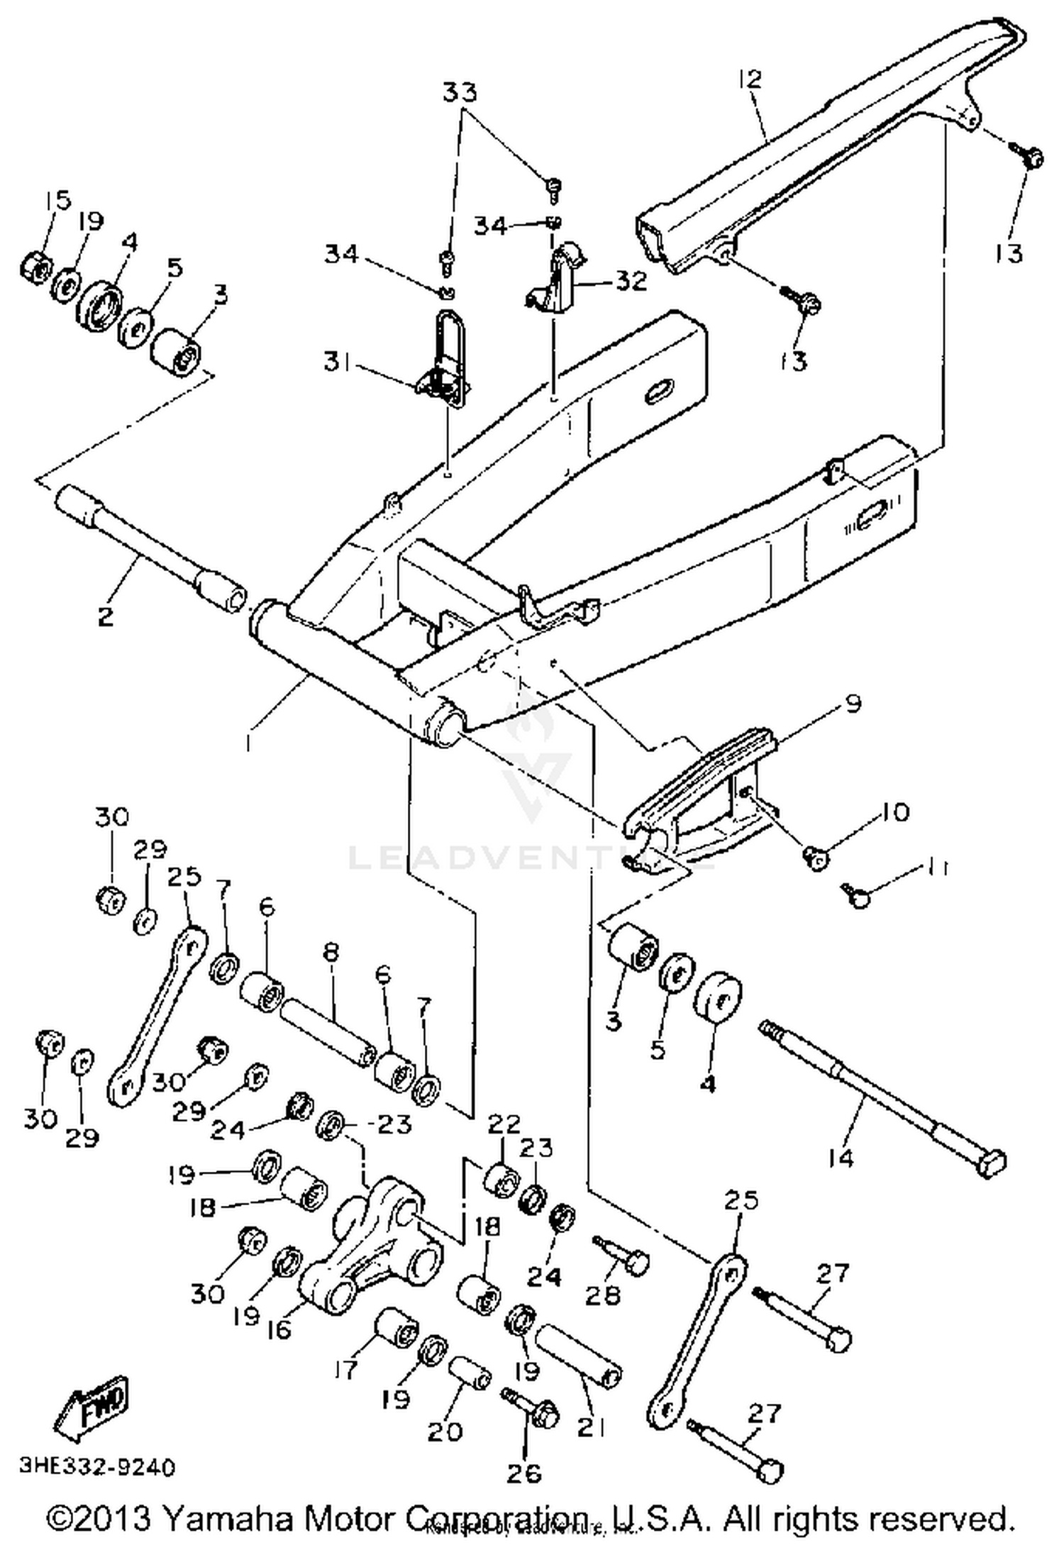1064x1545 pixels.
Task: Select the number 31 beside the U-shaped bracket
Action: coord(340,362)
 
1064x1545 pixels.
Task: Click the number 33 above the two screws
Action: coord(460,92)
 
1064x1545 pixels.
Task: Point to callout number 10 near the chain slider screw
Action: coord(895,812)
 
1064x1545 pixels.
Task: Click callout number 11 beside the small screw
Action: coord(936,867)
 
